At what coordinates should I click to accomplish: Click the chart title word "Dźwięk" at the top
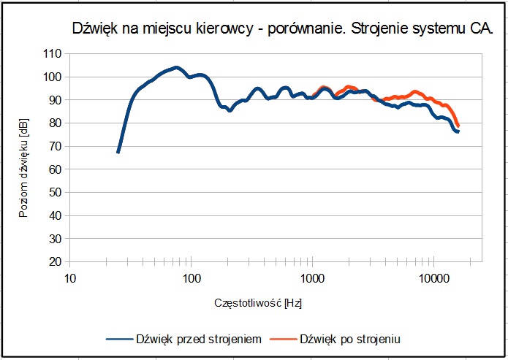[95, 30]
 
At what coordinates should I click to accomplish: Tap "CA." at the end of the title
[481, 30]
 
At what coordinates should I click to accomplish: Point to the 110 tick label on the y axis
[53, 54]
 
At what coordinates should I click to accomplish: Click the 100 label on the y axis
[53, 77]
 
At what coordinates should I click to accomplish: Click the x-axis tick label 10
[70, 278]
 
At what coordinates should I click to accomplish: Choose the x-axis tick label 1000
[313, 278]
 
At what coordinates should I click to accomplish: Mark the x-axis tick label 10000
[434, 278]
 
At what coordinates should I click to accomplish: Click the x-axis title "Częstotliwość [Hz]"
[258, 302]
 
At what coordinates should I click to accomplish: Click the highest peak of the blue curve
[175, 67]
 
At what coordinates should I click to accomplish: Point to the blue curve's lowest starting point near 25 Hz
[118, 152]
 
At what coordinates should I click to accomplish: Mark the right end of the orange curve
[458, 126]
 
